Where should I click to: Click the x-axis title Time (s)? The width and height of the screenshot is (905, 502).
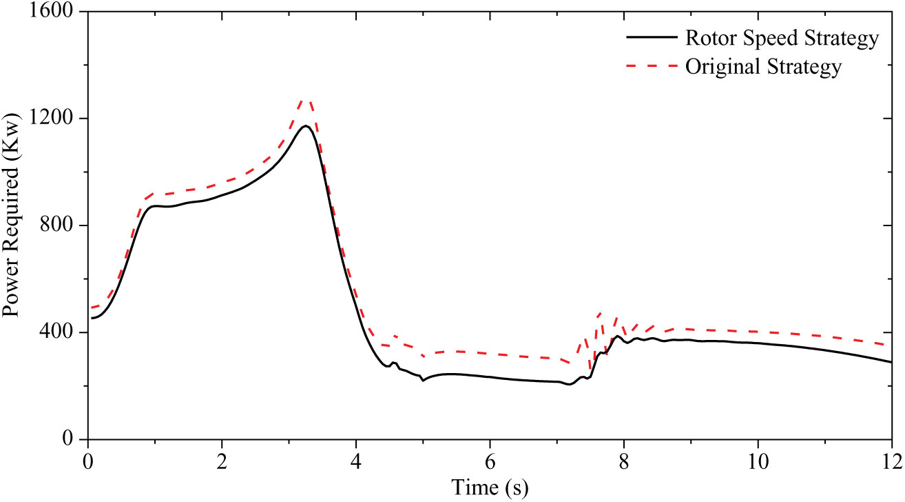[490, 488]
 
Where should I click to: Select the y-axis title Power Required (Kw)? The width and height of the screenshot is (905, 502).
[12, 225]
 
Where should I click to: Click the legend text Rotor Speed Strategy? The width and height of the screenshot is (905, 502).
[782, 39]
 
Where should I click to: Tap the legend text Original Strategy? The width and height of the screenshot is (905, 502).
[763, 68]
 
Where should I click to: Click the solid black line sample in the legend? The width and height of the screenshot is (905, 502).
[649, 39]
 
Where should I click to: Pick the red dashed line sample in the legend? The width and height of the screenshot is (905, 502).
[649, 67]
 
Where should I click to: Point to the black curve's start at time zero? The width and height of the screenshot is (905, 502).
[91, 318]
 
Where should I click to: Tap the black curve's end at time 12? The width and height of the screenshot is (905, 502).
[891, 362]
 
